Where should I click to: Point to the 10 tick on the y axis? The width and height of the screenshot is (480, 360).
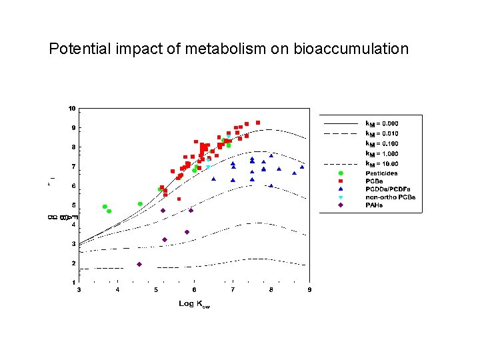click(71, 108)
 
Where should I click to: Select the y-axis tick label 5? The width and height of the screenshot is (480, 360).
click(73, 205)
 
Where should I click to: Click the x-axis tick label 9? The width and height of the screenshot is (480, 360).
click(309, 290)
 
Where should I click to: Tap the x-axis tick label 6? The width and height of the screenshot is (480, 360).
click(194, 290)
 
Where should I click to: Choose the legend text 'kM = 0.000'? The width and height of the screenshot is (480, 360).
click(382, 123)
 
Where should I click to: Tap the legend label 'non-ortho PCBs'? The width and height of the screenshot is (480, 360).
click(390, 197)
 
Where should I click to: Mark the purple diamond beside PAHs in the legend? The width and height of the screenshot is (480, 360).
click(341, 205)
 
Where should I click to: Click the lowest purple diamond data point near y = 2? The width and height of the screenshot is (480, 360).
click(139, 264)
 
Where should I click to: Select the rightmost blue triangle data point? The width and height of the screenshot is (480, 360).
click(302, 167)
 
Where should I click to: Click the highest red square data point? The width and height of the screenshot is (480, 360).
click(258, 123)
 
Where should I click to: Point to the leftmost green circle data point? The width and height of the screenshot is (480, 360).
click(105, 207)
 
